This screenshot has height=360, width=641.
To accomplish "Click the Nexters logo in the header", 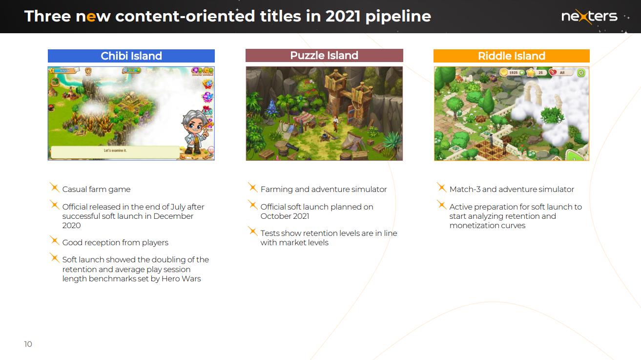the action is tap(589, 16).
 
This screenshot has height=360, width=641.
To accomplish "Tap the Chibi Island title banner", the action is tap(131, 56).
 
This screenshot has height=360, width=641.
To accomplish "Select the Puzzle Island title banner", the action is tap(324, 55).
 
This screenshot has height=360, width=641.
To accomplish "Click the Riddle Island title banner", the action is tap(511, 56).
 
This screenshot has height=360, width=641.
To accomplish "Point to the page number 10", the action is tap(28, 344).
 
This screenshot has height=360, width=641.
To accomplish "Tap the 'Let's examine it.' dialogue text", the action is tap(115, 150).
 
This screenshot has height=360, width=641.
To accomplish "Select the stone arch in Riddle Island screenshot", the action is tap(533, 92).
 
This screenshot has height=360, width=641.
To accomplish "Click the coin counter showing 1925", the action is tap(513, 73).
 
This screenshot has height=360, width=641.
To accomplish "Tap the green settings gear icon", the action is tap(581, 73).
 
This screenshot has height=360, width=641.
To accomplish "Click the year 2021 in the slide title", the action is tap(343, 16).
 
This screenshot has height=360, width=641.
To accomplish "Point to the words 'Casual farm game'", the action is tap(96, 190).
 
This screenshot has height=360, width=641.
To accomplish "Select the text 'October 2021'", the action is tap(285, 216).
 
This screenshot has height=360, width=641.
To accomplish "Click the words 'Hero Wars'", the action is tap(181, 278).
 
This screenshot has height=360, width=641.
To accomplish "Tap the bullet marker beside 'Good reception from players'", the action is tap(54, 241).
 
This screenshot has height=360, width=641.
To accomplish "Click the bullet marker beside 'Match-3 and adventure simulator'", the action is tap(441, 187).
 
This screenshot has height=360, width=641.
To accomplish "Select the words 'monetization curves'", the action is tap(487, 226).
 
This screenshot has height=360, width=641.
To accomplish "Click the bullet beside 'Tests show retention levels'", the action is tap(253, 231).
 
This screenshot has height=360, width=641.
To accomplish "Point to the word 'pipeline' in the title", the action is tap(398, 17).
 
